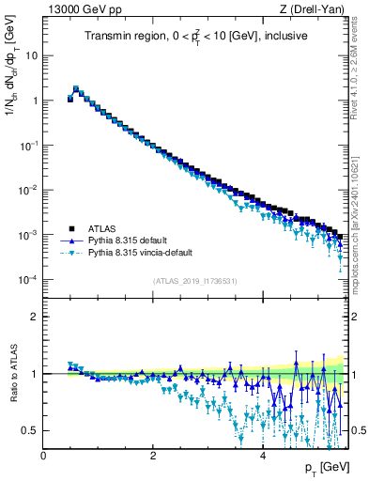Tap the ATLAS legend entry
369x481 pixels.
(104, 228)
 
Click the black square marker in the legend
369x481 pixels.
(71, 228)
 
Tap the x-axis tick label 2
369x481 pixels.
(153, 455)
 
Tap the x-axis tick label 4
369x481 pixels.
(262, 455)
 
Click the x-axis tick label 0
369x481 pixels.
(43, 455)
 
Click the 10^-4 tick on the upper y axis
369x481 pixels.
(28, 280)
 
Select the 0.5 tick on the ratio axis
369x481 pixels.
(31, 430)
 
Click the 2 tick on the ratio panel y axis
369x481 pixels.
(36, 317)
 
